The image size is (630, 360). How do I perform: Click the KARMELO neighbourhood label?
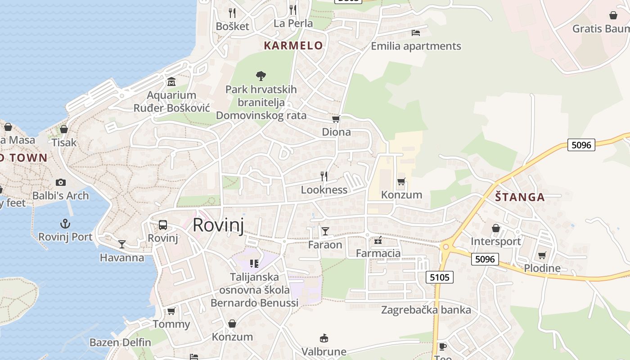(x=293, y=45)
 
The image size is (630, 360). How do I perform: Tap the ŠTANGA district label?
(x=520, y=197)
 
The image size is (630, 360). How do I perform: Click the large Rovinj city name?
(x=218, y=225)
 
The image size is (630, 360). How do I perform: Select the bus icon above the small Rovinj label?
(x=163, y=225)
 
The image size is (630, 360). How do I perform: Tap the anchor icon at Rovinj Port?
(x=65, y=224)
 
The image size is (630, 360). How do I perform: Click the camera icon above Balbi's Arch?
(x=61, y=182)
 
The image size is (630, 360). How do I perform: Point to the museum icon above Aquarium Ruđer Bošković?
(x=171, y=82)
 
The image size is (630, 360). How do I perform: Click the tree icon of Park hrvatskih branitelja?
(x=261, y=76)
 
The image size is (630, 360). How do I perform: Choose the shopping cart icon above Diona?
(x=336, y=119)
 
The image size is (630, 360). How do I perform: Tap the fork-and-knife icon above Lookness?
(x=324, y=176)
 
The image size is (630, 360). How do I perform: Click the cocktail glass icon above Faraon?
(x=325, y=231)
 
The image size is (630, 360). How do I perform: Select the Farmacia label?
(x=378, y=253)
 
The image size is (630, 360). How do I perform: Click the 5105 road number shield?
(x=440, y=277)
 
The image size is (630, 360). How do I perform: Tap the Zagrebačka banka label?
(x=426, y=310)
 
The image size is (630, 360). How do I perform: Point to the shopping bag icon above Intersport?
(x=496, y=228)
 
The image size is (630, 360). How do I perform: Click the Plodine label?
(x=542, y=269)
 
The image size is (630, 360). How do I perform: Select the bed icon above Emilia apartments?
(x=416, y=33)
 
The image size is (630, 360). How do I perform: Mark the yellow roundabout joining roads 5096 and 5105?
(x=446, y=247)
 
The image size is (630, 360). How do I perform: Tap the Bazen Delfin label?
(x=120, y=342)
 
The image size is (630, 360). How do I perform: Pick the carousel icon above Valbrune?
(x=324, y=338)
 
